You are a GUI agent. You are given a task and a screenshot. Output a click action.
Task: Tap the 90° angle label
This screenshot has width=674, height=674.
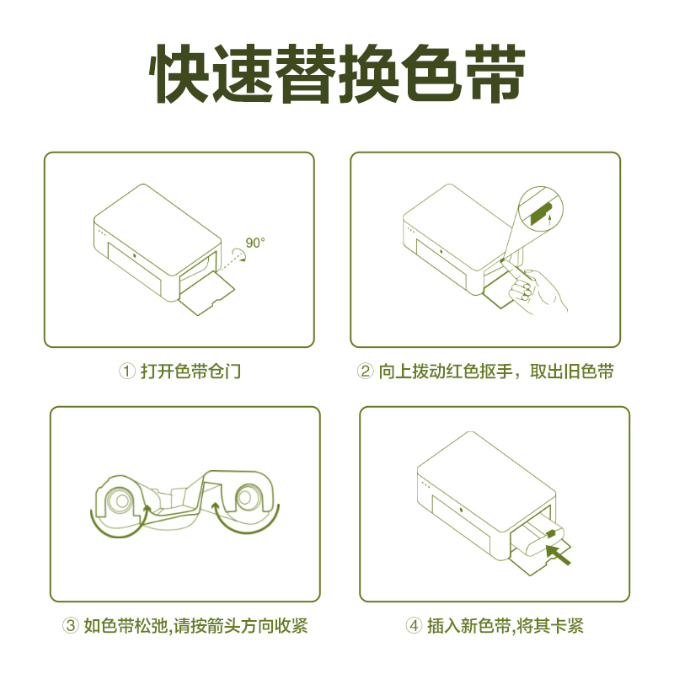point(255,243)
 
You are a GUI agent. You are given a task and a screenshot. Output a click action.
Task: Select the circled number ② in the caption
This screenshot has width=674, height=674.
point(366,371)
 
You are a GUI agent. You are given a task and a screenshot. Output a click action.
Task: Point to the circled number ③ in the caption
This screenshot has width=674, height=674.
point(71,626)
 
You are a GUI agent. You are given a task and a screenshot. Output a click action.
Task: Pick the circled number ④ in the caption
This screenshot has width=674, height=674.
point(414,626)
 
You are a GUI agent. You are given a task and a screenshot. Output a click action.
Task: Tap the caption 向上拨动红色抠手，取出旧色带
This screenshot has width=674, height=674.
point(495,371)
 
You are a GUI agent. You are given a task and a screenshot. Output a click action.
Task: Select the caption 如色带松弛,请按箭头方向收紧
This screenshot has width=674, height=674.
point(192,626)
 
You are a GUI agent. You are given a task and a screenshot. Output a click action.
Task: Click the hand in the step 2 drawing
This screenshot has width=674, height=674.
point(539,291)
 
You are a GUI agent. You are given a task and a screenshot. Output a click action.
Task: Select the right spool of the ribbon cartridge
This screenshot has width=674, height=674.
point(249,500)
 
